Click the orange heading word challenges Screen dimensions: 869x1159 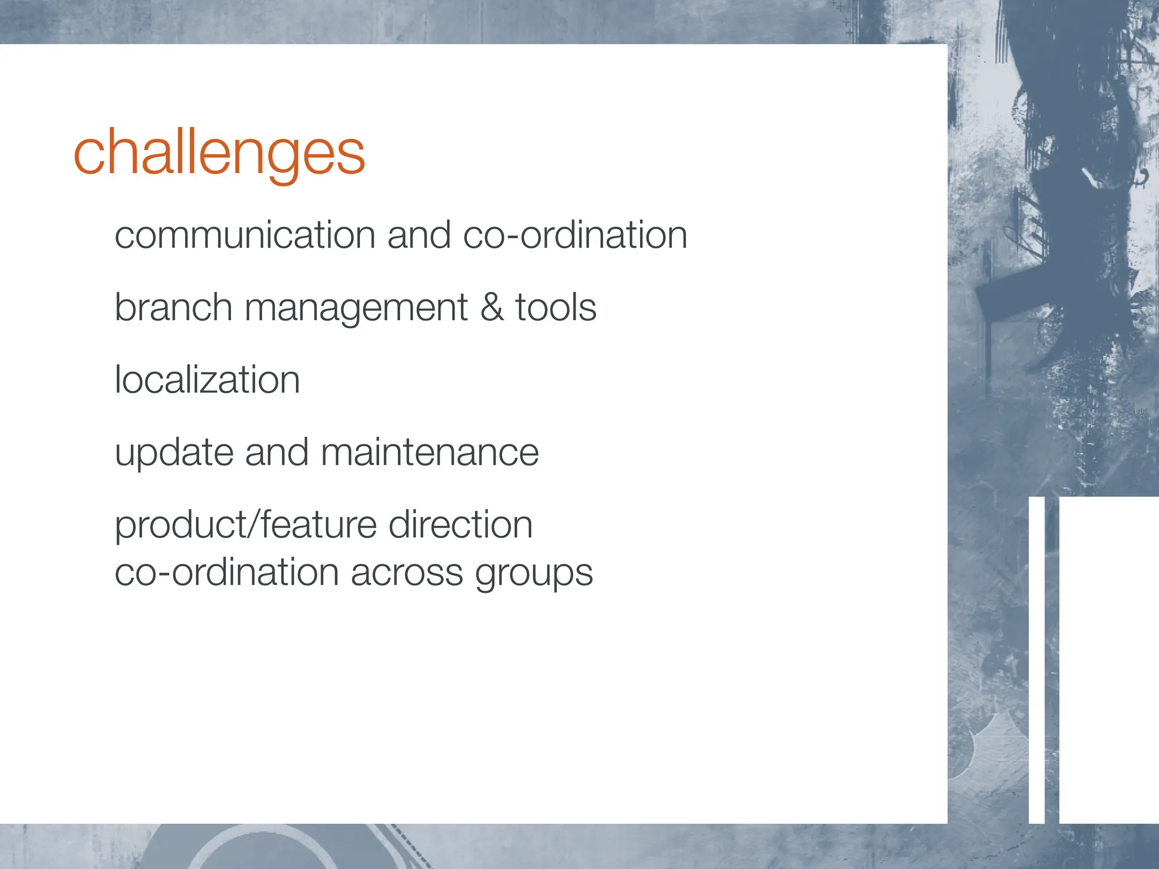point(219,153)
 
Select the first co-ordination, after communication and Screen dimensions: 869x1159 point(575,235)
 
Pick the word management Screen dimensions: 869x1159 point(355,308)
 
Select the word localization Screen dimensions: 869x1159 point(207,380)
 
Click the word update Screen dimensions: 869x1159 point(174,453)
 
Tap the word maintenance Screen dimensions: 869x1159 point(430,453)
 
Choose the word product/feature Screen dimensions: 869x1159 point(245,525)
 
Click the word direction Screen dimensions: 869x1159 point(461,524)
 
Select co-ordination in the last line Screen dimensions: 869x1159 point(226,573)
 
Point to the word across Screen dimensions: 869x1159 point(407,573)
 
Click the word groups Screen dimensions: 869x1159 point(534,574)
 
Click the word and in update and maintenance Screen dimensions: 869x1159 point(277,453)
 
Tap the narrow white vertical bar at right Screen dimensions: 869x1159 point(1036,659)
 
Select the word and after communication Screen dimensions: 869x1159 point(419,235)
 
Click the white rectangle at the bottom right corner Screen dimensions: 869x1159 point(1109,659)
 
